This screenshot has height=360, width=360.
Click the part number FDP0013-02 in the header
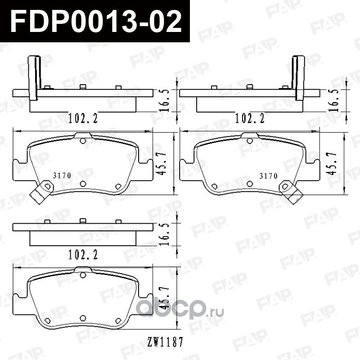click(95, 22)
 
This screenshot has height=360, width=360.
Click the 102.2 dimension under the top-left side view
click(83, 118)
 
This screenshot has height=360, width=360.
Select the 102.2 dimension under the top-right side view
click(250, 118)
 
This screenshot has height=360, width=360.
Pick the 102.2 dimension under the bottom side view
click(83, 254)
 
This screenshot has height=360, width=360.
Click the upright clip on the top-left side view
click(33, 76)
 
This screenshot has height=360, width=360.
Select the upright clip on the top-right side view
click(298, 76)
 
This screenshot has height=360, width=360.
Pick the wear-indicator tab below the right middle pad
click(290, 190)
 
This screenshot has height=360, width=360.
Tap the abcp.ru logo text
click(180, 310)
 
